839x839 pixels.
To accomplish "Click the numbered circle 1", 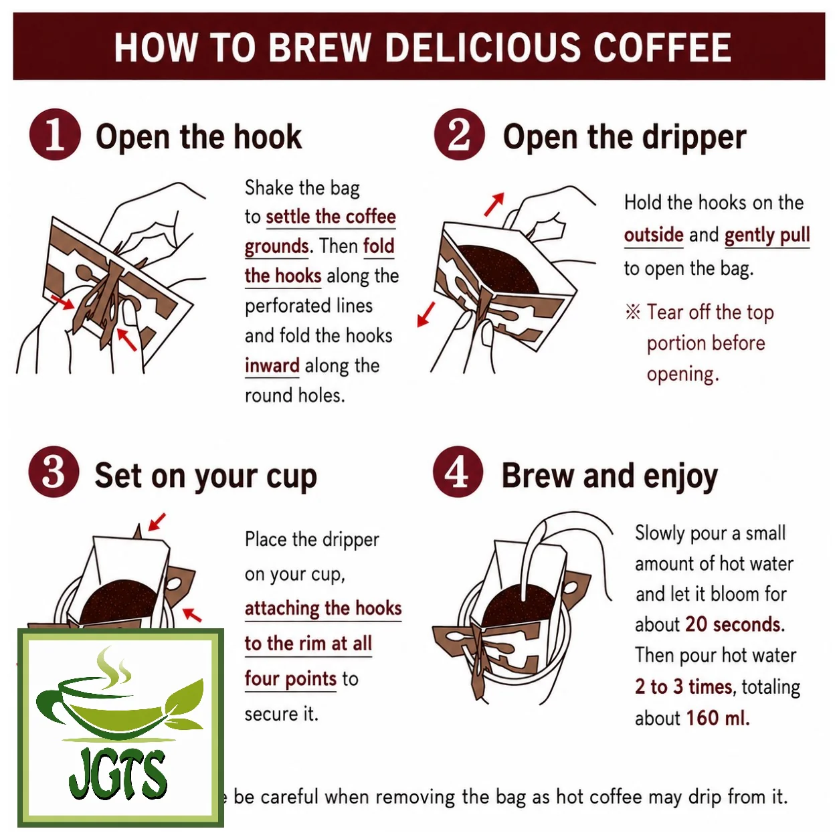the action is (55, 134).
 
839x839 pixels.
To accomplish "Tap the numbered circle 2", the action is (460, 134).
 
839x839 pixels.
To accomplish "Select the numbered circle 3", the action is (54, 472).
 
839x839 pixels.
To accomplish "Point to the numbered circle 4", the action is (458, 472).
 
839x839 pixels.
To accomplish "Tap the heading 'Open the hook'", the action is (199, 136).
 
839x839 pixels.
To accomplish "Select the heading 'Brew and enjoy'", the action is (610, 476).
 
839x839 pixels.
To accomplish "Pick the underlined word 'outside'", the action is (654, 235).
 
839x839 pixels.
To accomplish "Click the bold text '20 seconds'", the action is (735, 624).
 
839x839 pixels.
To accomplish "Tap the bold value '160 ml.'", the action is (718, 718).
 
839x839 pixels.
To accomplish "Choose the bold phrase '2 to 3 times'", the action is (684, 686).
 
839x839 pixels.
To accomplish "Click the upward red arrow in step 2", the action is (494, 204).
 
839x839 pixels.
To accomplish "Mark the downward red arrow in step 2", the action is (426, 314).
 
